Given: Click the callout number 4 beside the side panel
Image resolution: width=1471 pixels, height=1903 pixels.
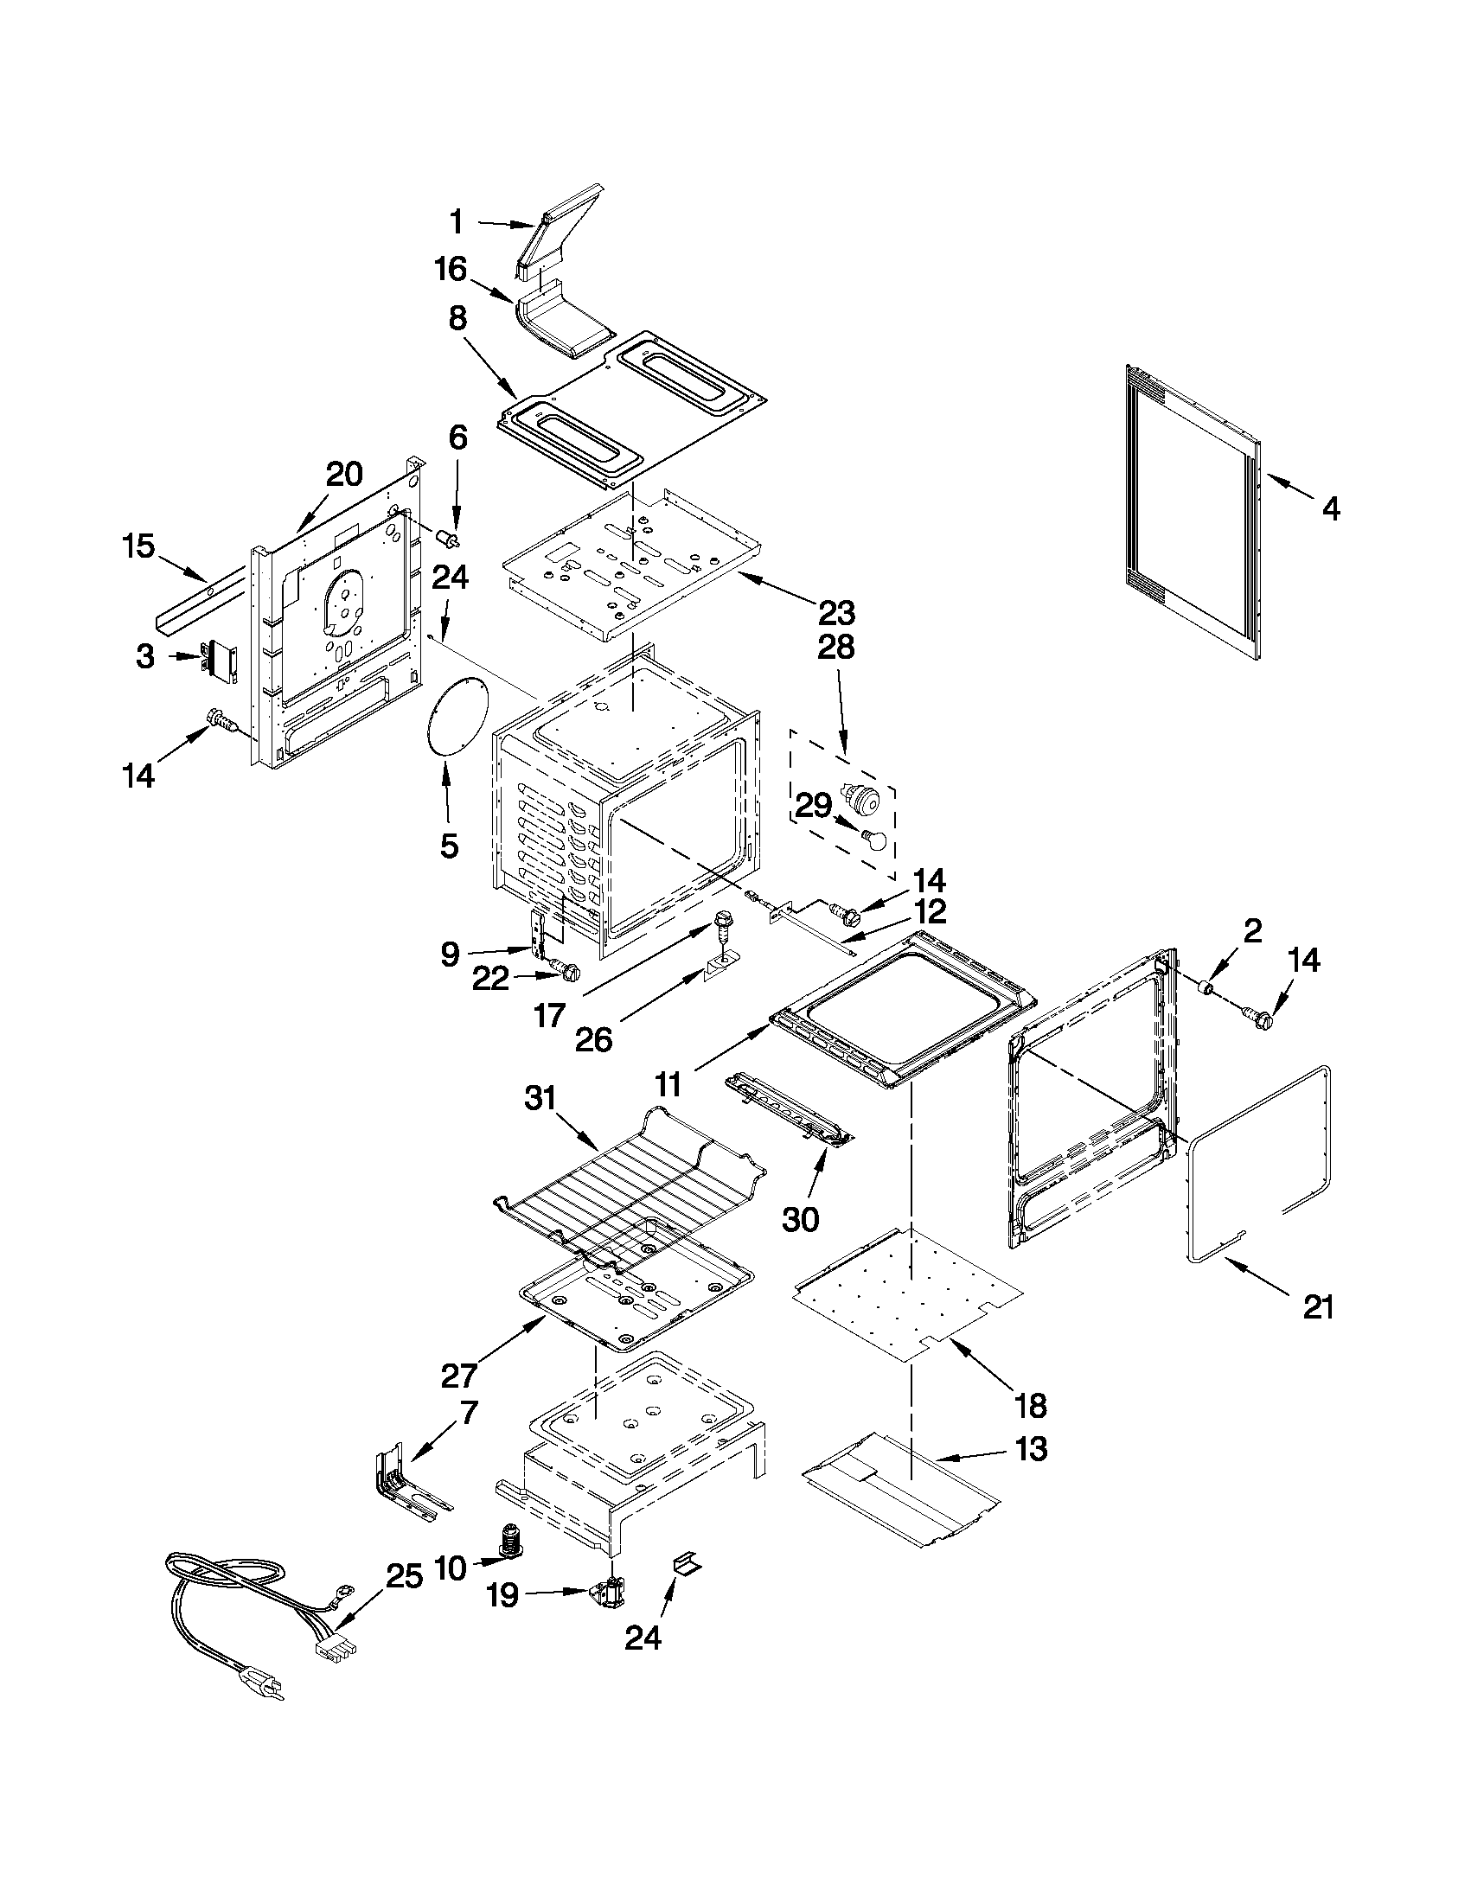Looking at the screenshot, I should click(1330, 509).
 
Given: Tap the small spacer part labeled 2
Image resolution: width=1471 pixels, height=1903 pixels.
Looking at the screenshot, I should click(1207, 987).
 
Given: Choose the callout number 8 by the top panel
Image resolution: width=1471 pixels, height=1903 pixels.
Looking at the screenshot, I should click(457, 319).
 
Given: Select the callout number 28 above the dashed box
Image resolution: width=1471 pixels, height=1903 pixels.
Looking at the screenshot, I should click(834, 648).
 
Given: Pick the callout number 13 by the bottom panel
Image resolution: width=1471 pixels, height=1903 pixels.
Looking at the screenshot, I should click(1030, 1449).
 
